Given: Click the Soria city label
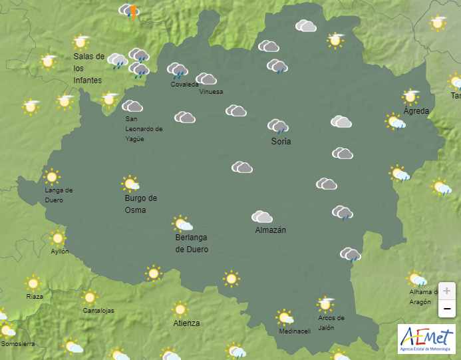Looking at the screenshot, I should (281, 142).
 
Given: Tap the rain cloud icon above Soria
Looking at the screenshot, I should (278, 126).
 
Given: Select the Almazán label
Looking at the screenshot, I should (270, 230).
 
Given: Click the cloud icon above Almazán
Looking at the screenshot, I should (262, 217).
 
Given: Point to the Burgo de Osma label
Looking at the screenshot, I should (140, 204).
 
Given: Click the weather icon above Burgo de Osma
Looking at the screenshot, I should (131, 184).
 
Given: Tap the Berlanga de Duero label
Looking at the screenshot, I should (192, 244).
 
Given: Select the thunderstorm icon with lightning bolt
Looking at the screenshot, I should (130, 11).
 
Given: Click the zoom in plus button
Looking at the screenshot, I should (446, 291).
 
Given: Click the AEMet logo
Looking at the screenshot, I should (426, 339).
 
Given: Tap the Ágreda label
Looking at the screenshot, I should (416, 111).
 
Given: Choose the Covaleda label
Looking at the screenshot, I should (184, 85).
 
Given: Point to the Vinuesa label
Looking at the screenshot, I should (211, 92).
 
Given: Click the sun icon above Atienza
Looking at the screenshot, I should (180, 309).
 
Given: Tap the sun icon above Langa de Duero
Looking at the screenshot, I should (52, 177).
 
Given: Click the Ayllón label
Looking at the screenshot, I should (59, 252).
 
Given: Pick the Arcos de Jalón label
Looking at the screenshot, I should (331, 322).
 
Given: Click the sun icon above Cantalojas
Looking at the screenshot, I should (90, 297).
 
